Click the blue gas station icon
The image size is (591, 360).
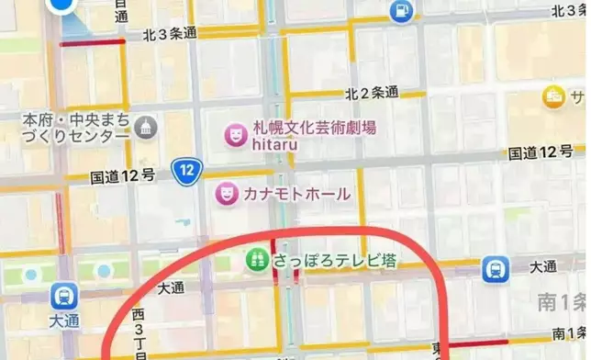pyautogui.click(x=400, y=11)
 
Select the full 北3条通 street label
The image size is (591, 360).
pyautogui.click(x=170, y=33)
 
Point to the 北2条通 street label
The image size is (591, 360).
pyautogui.click(x=372, y=94)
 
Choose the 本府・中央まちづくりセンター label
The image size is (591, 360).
pyautogui.click(x=75, y=129)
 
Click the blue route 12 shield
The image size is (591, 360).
pyautogui.click(x=187, y=169)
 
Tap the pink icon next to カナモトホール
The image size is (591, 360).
pyautogui.click(x=224, y=194)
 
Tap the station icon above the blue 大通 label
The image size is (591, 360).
pyautogui.click(x=64, y=296)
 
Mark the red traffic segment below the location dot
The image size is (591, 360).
pyautogui.click(x=92, y=42)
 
